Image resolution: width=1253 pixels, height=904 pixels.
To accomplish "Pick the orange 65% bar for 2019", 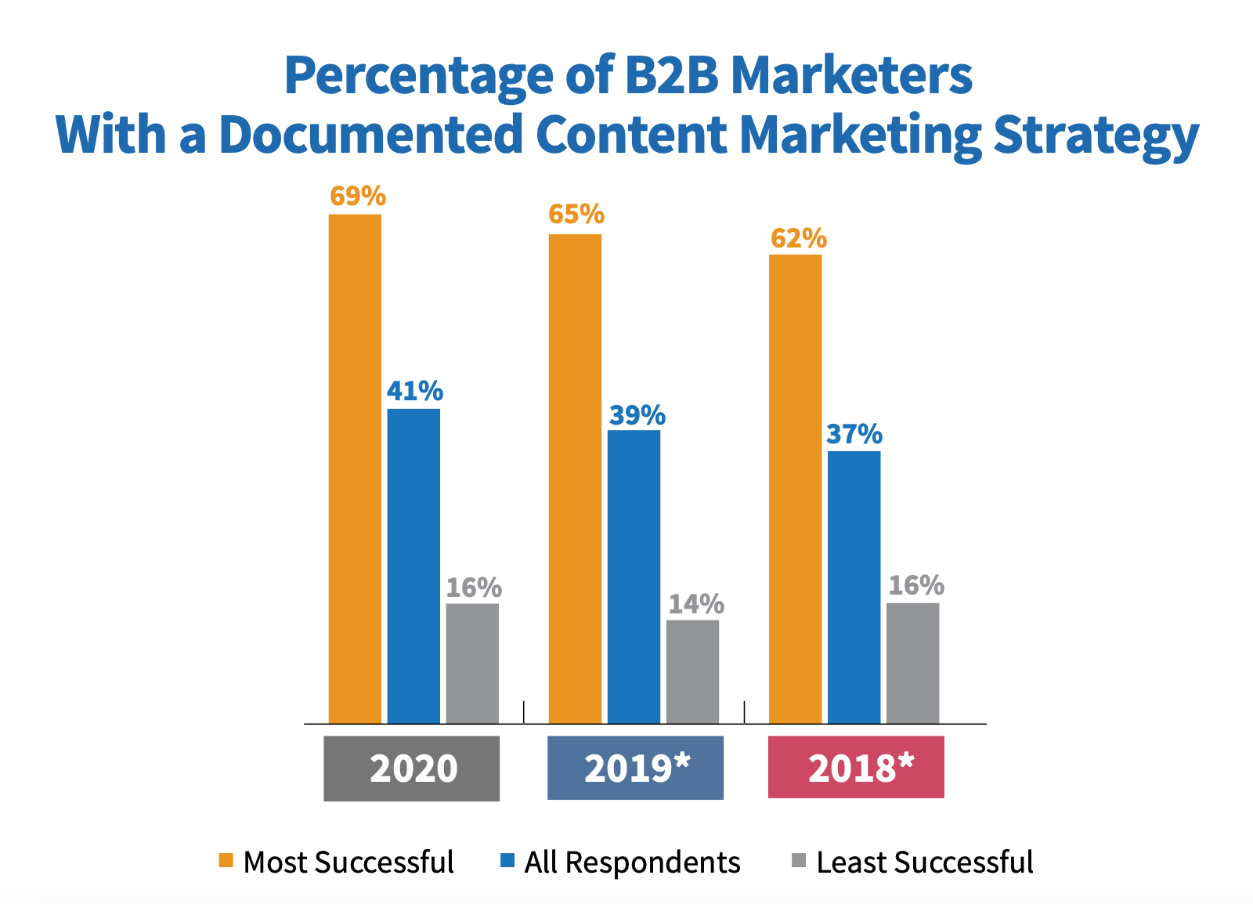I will [575, 478].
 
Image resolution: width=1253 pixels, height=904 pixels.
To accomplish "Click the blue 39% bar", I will [634, 577].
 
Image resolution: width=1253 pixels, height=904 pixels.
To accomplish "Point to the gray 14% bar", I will [692, 671].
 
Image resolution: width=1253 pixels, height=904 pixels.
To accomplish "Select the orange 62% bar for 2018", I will [795, 489].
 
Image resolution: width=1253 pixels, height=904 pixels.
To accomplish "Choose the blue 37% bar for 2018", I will [854, 587].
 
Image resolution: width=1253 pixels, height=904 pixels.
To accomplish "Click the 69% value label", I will [358, 196].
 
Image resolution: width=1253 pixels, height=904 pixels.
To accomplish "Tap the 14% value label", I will [695, 604].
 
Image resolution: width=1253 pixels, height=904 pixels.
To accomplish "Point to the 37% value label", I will [854, 434].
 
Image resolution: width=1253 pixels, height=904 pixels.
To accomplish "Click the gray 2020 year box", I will [411, 768].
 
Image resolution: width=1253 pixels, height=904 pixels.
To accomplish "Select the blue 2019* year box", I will [635, 768].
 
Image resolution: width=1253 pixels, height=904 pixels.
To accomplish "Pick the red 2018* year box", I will [856, 768].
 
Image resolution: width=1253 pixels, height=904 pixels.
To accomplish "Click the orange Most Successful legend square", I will [226, 861].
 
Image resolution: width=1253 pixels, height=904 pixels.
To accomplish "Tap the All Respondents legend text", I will [632, 862].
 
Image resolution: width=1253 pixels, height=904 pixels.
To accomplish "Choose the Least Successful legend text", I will [924, 862].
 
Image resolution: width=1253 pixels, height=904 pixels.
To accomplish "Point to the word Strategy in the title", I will [1096, 135].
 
